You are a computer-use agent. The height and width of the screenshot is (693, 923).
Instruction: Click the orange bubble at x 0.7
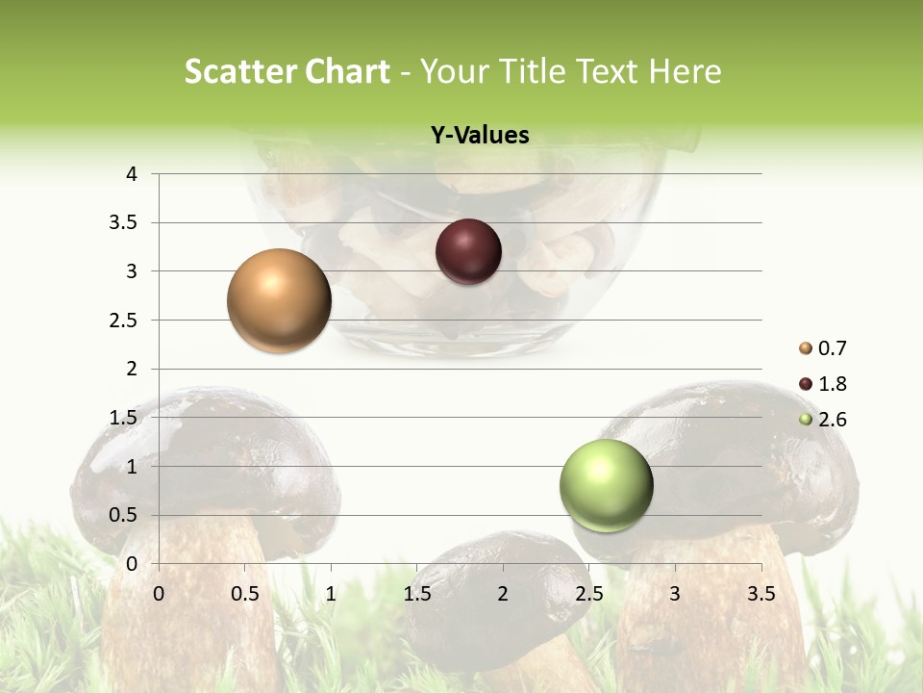279,300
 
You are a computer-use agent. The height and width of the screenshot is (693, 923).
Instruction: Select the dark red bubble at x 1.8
468,252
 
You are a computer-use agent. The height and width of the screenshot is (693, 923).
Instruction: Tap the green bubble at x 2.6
606,485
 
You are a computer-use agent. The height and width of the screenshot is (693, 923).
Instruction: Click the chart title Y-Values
480,136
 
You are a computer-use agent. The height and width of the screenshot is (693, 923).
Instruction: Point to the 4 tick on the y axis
132,174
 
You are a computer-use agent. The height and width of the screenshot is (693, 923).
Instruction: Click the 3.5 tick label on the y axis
124,222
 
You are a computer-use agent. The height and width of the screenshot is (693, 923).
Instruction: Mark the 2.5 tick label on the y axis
124,320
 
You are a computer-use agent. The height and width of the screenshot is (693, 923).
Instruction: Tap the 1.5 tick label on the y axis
124,417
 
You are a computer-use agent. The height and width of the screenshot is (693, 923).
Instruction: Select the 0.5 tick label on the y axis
124,515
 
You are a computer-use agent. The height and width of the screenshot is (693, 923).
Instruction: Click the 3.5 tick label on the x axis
761,594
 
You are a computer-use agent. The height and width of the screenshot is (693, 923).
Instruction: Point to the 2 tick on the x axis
503,594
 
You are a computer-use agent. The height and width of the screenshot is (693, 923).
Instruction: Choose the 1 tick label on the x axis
331,594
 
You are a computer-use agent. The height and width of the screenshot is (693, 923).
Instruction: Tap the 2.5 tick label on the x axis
588,594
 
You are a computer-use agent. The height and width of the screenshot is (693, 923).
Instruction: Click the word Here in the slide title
686,71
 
